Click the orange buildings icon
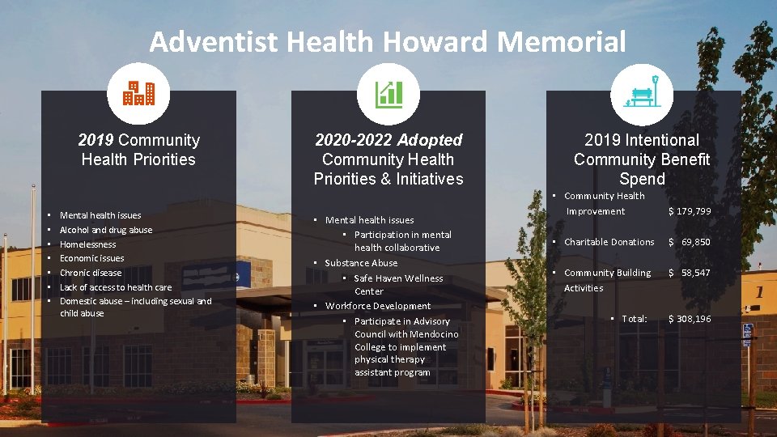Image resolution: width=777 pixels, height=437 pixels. [138, 94]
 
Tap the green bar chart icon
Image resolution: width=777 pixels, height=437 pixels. [388, 94]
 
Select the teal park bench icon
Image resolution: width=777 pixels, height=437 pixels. [643, 94]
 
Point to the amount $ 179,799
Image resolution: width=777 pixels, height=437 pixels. [689, 211]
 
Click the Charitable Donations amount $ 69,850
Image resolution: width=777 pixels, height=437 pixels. [689, 242]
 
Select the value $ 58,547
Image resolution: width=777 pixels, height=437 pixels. [689, 273]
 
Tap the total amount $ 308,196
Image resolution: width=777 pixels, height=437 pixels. [689, 319]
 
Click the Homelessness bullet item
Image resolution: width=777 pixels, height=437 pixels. [87, 244]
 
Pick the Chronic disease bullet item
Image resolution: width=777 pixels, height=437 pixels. [91, 273]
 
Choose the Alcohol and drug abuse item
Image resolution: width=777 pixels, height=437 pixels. [106, 230]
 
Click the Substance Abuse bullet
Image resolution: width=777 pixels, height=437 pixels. [361, 263]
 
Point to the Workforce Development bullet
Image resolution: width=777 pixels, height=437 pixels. [377, 306]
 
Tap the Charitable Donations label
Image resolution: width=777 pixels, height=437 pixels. [609, 242]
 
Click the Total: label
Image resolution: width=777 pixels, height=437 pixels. [634, 319]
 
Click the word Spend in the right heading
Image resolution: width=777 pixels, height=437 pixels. [642, 179]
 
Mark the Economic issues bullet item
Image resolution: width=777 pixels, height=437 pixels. [92, 258]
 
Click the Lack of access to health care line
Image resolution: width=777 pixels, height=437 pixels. [116, 287]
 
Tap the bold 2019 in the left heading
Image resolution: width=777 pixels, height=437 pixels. [96, 140]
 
